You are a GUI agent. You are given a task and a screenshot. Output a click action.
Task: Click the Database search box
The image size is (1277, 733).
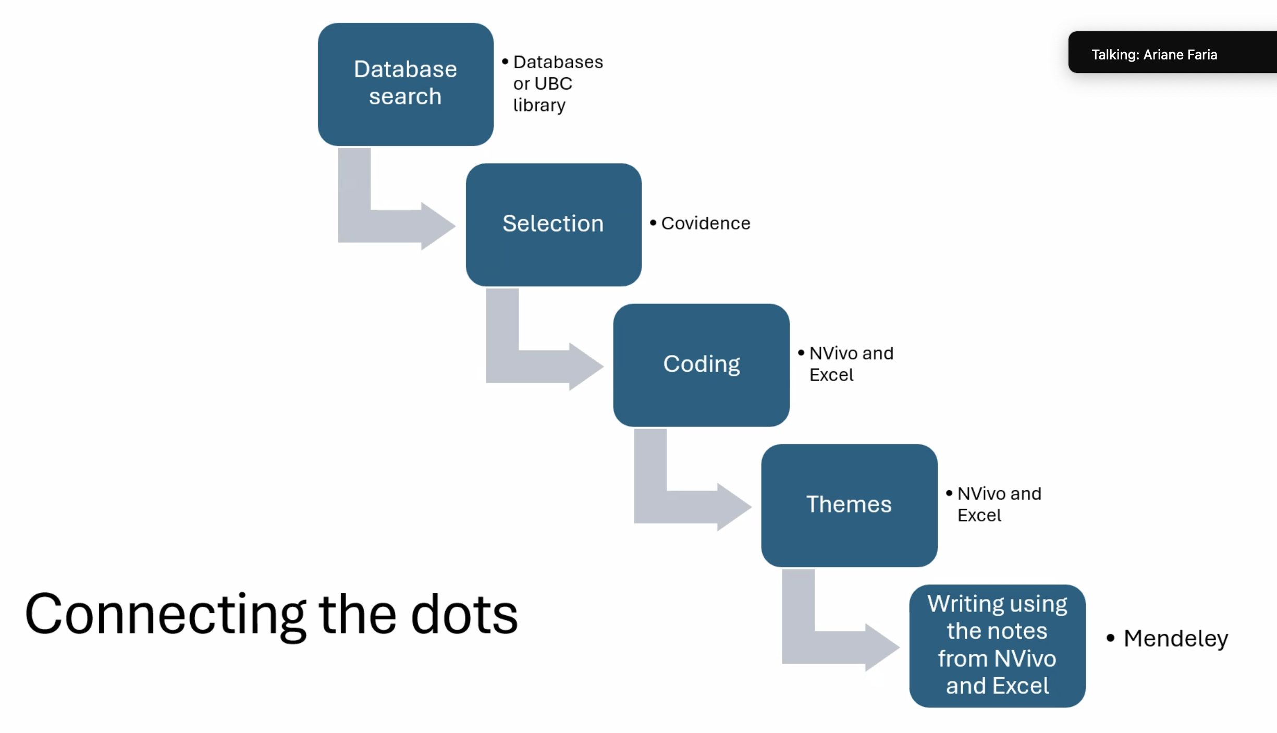(x=406, y=83)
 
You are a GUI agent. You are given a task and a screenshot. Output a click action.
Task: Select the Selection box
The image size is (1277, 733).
(x=553, y=224)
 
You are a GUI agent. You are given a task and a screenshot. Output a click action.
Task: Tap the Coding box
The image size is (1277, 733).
(x=701, y=364)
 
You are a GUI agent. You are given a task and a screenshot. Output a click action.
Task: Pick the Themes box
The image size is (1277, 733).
(x=849, y=505)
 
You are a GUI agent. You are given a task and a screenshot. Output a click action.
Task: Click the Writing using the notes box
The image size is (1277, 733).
(x=997, y=645)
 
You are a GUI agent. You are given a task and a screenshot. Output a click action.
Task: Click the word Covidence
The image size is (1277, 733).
(x=706, y=223)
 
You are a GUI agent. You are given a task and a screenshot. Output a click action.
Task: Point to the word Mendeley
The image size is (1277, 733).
(x=1176, y=639)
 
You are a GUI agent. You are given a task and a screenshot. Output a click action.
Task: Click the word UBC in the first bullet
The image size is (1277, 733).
(x=554, y=83)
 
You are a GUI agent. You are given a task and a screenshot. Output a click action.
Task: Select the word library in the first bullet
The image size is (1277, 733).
(x=539, y=105)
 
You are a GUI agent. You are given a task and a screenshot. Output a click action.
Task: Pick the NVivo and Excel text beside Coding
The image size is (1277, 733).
(x=851, y=364)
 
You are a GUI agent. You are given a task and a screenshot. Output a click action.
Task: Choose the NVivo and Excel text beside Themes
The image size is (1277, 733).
(x=999, y=504)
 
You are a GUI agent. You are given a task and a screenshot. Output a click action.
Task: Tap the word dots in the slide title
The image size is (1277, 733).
(x=464, y=615)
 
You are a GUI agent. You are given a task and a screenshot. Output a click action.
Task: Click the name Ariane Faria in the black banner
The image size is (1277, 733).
(x=1180, y=55)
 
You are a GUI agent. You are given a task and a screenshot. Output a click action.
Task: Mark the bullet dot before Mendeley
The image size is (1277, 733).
(x=1110, y=638)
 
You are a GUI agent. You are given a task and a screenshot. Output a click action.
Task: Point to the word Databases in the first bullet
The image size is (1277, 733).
(x=558, y=62)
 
